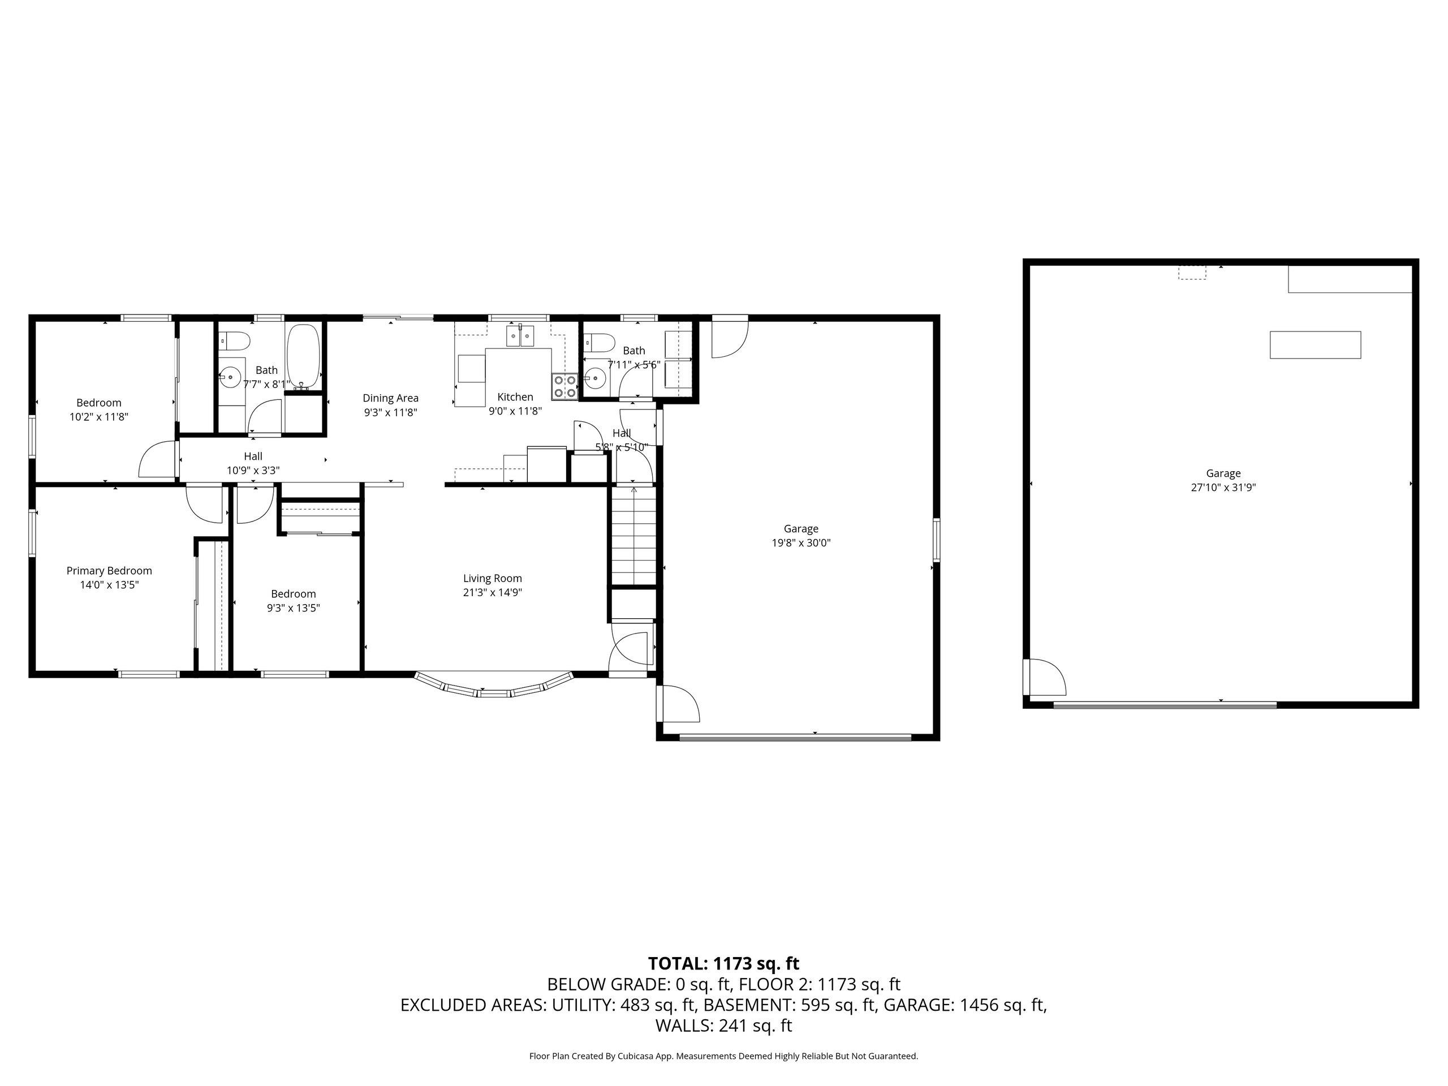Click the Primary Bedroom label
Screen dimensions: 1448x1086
[x=109, y=571]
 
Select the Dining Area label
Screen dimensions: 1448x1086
[x=391, y=398]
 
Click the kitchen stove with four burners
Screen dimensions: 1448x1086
[x=565, y=386]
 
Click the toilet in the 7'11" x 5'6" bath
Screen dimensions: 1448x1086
[x=600, y=342]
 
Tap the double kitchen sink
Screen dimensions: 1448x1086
[x=520, y=335]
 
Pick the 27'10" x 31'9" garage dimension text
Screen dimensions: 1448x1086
[x=1223, y=488]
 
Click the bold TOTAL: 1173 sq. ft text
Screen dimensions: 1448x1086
[x=723, y=964]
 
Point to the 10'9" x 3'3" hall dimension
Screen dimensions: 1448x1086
[x=253, y=471]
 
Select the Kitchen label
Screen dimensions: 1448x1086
[x=515, y=397]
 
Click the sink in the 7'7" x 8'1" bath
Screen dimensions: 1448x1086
[x=229, y=378]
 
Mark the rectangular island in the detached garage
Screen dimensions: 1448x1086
[x=1315, y=345]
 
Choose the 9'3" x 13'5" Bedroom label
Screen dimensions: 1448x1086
[x=293, y=594]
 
